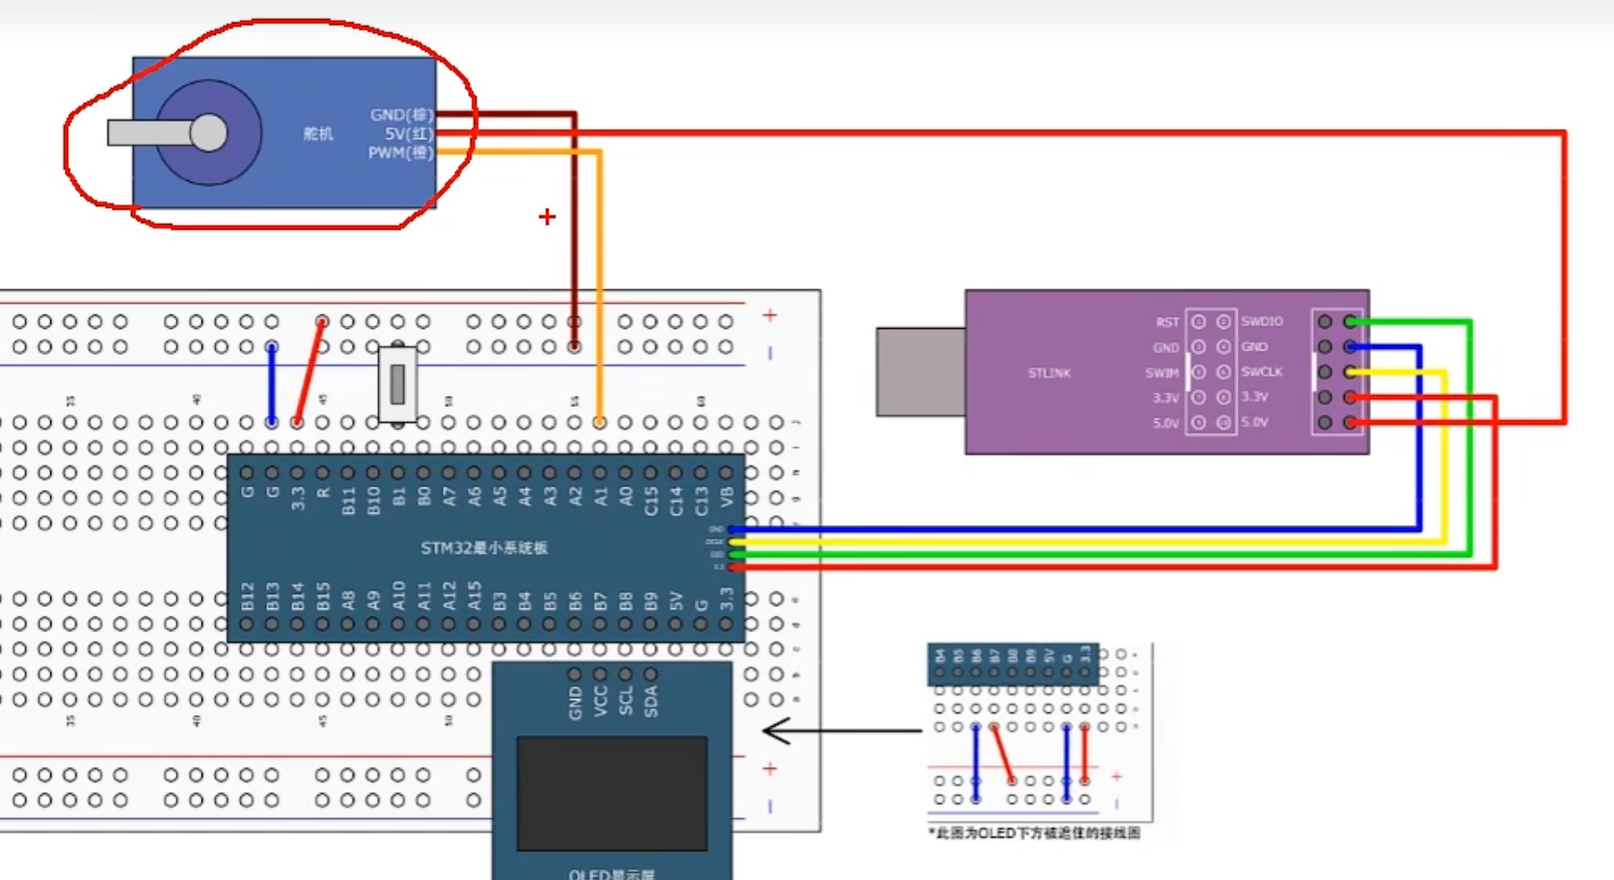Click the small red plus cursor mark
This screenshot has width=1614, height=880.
547,217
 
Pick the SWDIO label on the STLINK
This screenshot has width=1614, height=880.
1262,321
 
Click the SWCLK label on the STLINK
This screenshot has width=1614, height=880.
1262,372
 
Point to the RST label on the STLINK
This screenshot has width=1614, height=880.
1167,322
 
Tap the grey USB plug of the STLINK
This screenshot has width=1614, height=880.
920,372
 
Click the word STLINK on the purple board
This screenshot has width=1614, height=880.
1049,373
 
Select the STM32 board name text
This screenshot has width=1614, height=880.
484,548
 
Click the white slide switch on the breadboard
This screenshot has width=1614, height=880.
397,383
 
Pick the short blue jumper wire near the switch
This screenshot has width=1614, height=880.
272,384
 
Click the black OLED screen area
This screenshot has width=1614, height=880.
612,793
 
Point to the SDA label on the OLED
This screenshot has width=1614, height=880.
652,702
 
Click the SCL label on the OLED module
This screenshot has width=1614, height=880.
626,702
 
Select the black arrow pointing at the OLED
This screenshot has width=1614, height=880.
841,731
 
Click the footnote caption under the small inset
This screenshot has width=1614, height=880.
1035,833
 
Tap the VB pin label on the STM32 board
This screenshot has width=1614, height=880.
727,496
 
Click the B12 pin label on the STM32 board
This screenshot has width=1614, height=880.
247,596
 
